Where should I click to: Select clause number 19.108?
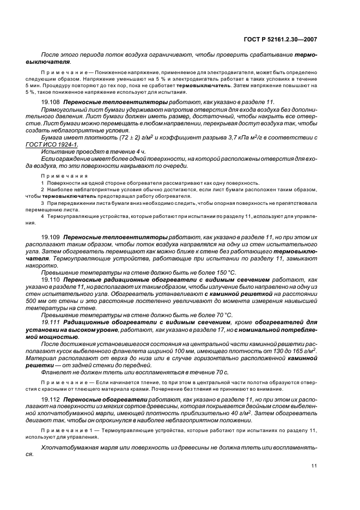tap(51, 102)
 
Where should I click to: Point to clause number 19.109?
tap(51, 238)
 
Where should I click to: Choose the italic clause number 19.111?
tap(51, 322)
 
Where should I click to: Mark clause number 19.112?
tap(51, 399)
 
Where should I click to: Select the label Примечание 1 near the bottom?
tap(64, 430)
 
